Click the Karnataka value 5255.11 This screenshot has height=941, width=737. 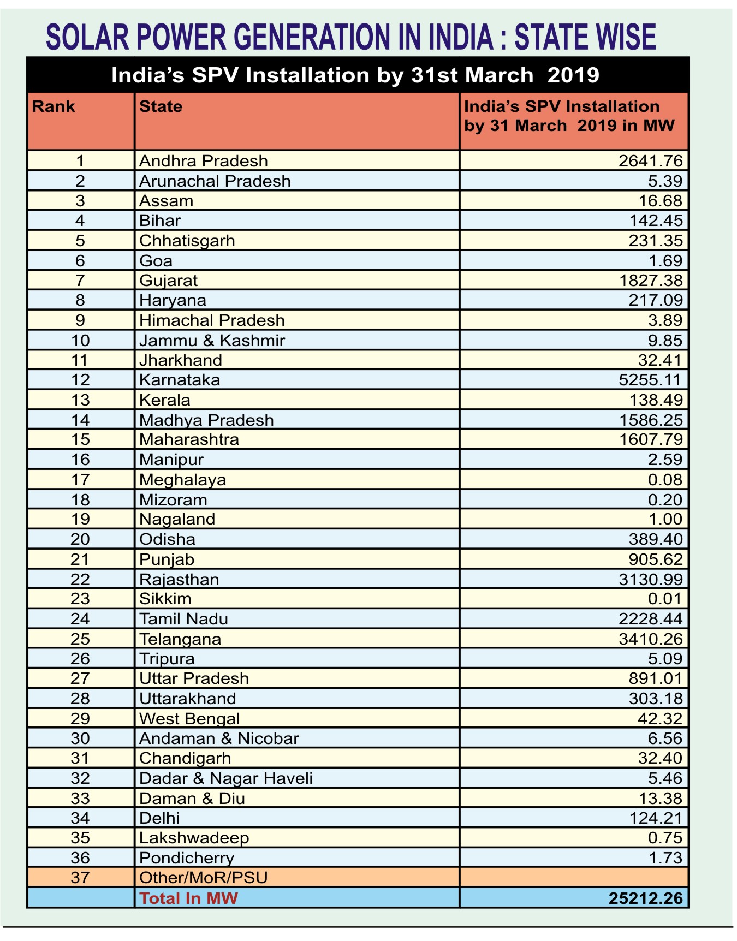coord(650,380)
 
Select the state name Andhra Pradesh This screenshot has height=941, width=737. coord(204,161)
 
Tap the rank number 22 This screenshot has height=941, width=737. coord(80,579)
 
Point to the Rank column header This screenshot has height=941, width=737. coord(54,106)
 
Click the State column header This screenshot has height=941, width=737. coord(161,106)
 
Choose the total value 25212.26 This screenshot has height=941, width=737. coord(646,898)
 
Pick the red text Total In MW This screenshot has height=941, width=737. coord(188,898)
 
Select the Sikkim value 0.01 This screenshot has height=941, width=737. coord(665,599)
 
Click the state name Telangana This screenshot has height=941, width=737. coord(180,639)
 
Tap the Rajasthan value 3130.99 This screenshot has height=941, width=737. coord(650,579)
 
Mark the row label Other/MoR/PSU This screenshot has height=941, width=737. coord(204,877)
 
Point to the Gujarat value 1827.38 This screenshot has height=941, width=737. coord(650,281)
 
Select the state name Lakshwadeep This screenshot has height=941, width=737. coord(194,837)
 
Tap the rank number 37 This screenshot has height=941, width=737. coord(80,877)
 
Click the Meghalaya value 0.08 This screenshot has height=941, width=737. coord(665,480)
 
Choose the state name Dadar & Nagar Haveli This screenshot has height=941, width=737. coord(226,778)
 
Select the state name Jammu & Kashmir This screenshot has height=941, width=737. coord(212,341)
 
